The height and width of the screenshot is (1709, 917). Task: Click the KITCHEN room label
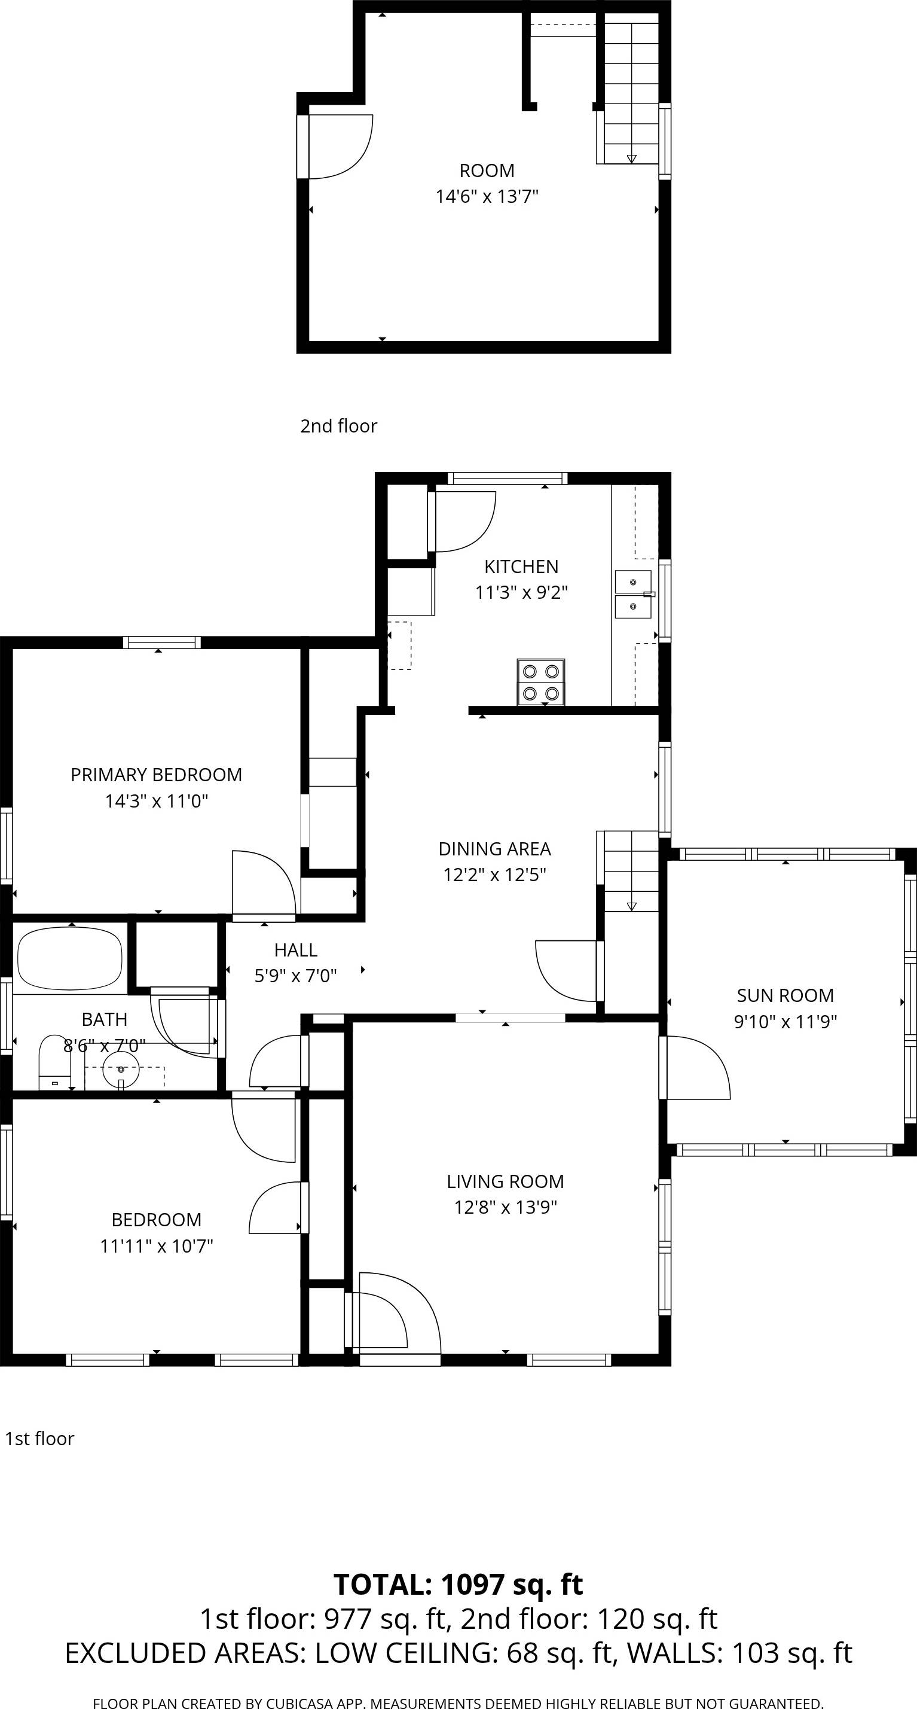tap(521, 566)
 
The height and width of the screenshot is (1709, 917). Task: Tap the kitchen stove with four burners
tap(541, 682)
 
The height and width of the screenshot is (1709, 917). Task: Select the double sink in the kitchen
tap(633, 595)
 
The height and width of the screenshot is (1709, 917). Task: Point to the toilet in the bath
tap(54, 1063)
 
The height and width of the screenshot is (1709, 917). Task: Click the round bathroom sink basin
tap(121, 1070)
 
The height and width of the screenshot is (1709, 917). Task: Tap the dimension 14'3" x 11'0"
tap(157, 801)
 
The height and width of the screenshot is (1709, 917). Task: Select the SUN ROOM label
tap(785, 995)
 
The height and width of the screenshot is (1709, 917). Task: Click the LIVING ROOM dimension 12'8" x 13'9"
tap(505, 1207)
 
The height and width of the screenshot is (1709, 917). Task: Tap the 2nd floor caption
tap(338, 426)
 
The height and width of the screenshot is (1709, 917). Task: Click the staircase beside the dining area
tap(631, 870)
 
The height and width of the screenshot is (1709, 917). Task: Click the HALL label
tap(296, 950)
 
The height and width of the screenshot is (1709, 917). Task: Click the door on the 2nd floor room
tap(338, 146)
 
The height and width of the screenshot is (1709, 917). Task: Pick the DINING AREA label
tap(494, 849)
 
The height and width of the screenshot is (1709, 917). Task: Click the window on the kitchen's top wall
tap(508, 479)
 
